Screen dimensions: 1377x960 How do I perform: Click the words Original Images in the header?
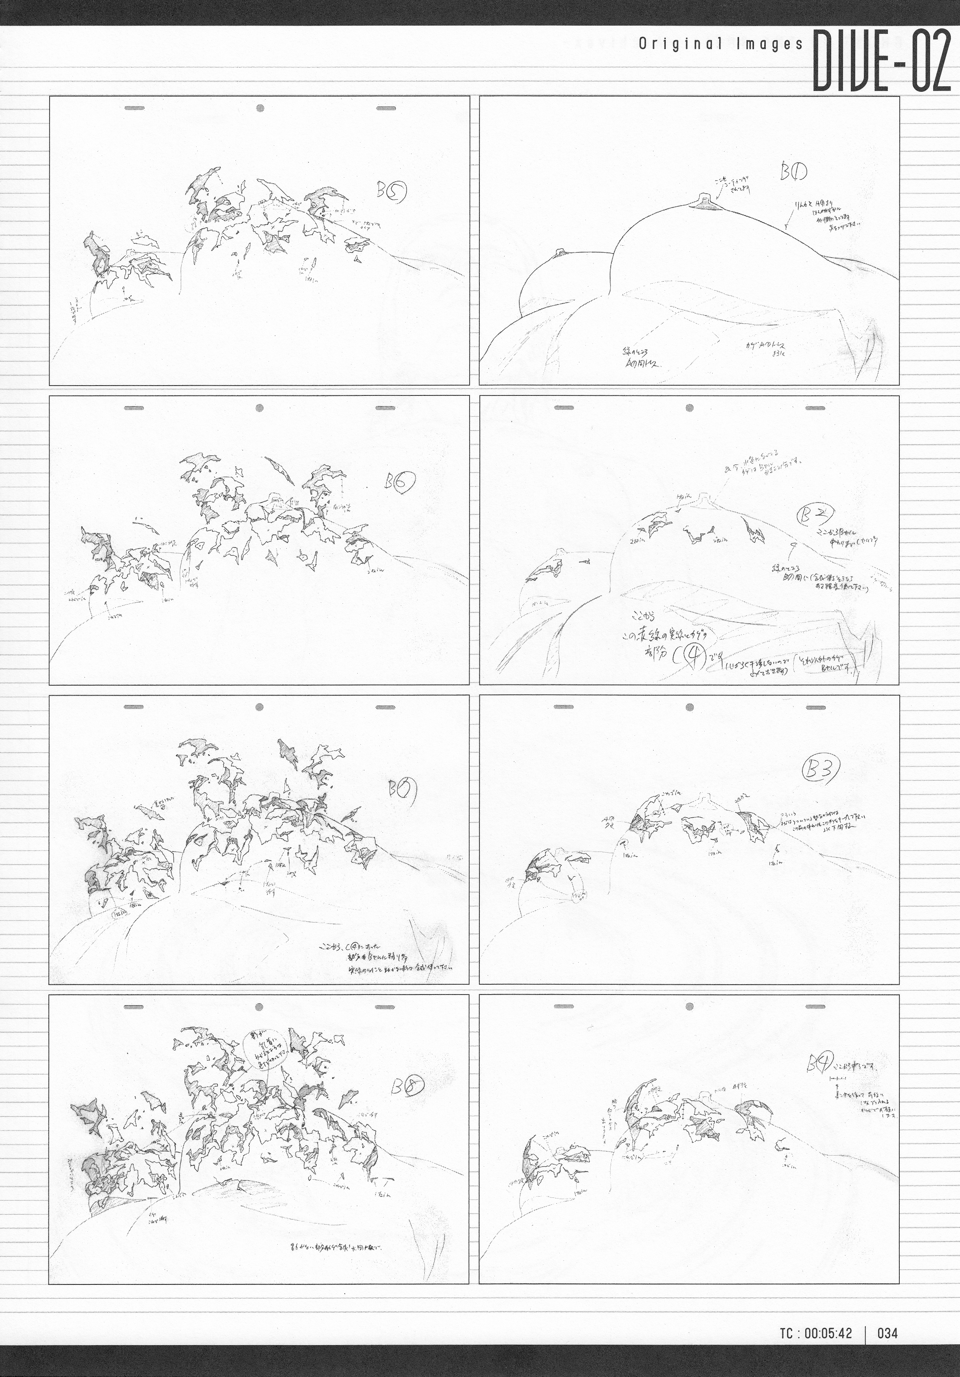720,45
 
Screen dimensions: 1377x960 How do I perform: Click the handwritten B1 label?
793,173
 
